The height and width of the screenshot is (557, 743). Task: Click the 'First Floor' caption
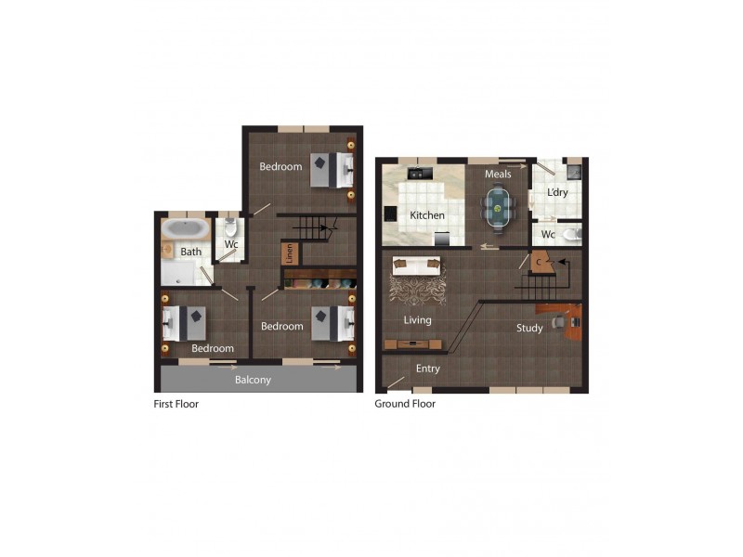click(x=176, y=404)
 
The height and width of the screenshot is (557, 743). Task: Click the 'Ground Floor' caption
click(x=405, y=404)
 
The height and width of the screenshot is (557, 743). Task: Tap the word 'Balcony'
click(x=253, y=380)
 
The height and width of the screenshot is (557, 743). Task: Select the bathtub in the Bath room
click(x=186, y=228)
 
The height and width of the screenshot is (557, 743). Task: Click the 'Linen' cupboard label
click(x=290, y=253)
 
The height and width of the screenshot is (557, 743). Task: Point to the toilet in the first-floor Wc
click(x=232, y=227)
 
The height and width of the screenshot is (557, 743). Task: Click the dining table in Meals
click(x=499, y=207)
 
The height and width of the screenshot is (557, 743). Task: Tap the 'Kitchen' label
click(x=427, y=215)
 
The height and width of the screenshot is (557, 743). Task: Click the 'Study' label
click(x=529, y=328)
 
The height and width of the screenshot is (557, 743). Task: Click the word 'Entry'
click(x=428, y=369)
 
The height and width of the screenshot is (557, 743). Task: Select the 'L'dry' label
click(x=557, y=192)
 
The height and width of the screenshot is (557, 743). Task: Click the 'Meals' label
click(x=498, y=174)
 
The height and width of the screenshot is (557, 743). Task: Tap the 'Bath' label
click(x=190, y=252)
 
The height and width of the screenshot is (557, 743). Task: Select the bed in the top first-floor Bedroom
click(x=332, y=168)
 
